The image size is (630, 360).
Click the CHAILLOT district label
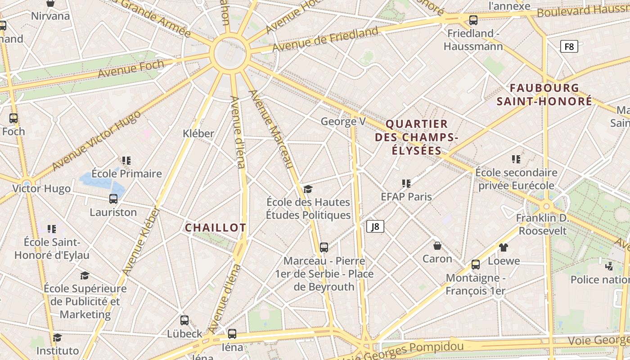click(216, 228)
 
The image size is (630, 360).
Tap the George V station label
click(343, 121)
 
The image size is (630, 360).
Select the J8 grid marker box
click(375, 226)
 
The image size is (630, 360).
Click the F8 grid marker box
click(569, 46)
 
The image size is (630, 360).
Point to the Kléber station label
click(198, 134)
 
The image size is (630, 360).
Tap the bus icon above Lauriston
click(113, 198)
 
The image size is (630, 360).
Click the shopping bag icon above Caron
click(437, 246)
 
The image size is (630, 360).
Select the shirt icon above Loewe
click(504, 247)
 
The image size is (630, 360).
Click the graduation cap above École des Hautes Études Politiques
click(308, 189)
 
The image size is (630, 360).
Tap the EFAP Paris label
click(406, 197)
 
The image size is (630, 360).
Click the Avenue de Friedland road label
click(325, 39)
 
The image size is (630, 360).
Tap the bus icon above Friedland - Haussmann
click(473, 20)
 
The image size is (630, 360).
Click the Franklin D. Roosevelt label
click(542, 225)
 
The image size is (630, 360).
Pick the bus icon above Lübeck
click(184, 320)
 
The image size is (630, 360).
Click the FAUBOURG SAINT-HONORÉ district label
click(544, 94)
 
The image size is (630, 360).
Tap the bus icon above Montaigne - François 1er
click(476, 265)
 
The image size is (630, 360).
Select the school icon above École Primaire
click(126, 160)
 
